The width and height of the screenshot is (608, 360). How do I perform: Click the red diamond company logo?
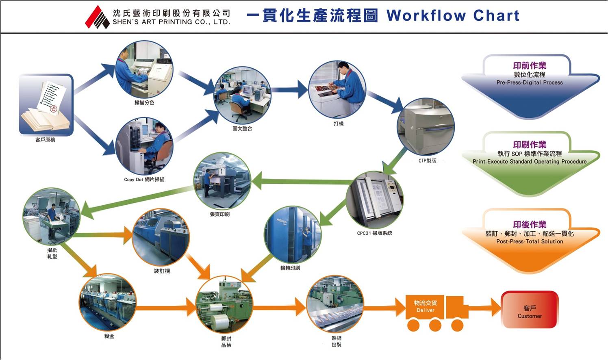[97, 17]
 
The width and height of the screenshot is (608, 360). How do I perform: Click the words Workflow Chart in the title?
[453, 15]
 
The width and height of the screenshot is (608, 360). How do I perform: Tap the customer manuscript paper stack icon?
[46, 104]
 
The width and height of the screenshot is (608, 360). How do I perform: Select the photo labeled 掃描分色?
[144, 69]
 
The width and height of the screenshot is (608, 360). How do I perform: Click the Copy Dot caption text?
[144, 179]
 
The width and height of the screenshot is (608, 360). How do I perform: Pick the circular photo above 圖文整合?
[243, 95]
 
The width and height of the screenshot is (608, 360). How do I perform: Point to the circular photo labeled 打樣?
[337, 89]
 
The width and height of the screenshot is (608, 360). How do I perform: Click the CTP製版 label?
[428, 160]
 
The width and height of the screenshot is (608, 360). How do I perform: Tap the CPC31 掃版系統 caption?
[374, 233]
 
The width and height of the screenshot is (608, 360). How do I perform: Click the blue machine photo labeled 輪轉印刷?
[293, 235]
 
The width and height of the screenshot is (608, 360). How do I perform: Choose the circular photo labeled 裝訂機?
[161, 238]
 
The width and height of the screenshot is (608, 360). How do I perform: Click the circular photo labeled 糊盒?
[107, 302]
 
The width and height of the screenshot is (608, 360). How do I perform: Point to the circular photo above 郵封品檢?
[224, 305]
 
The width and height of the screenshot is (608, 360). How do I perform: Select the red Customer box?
[530, 310]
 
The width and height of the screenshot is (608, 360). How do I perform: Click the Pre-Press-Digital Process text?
[530, 82]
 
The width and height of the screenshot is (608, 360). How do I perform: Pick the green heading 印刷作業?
[530, 145]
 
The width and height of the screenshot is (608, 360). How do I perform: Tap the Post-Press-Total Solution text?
[530, 241]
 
